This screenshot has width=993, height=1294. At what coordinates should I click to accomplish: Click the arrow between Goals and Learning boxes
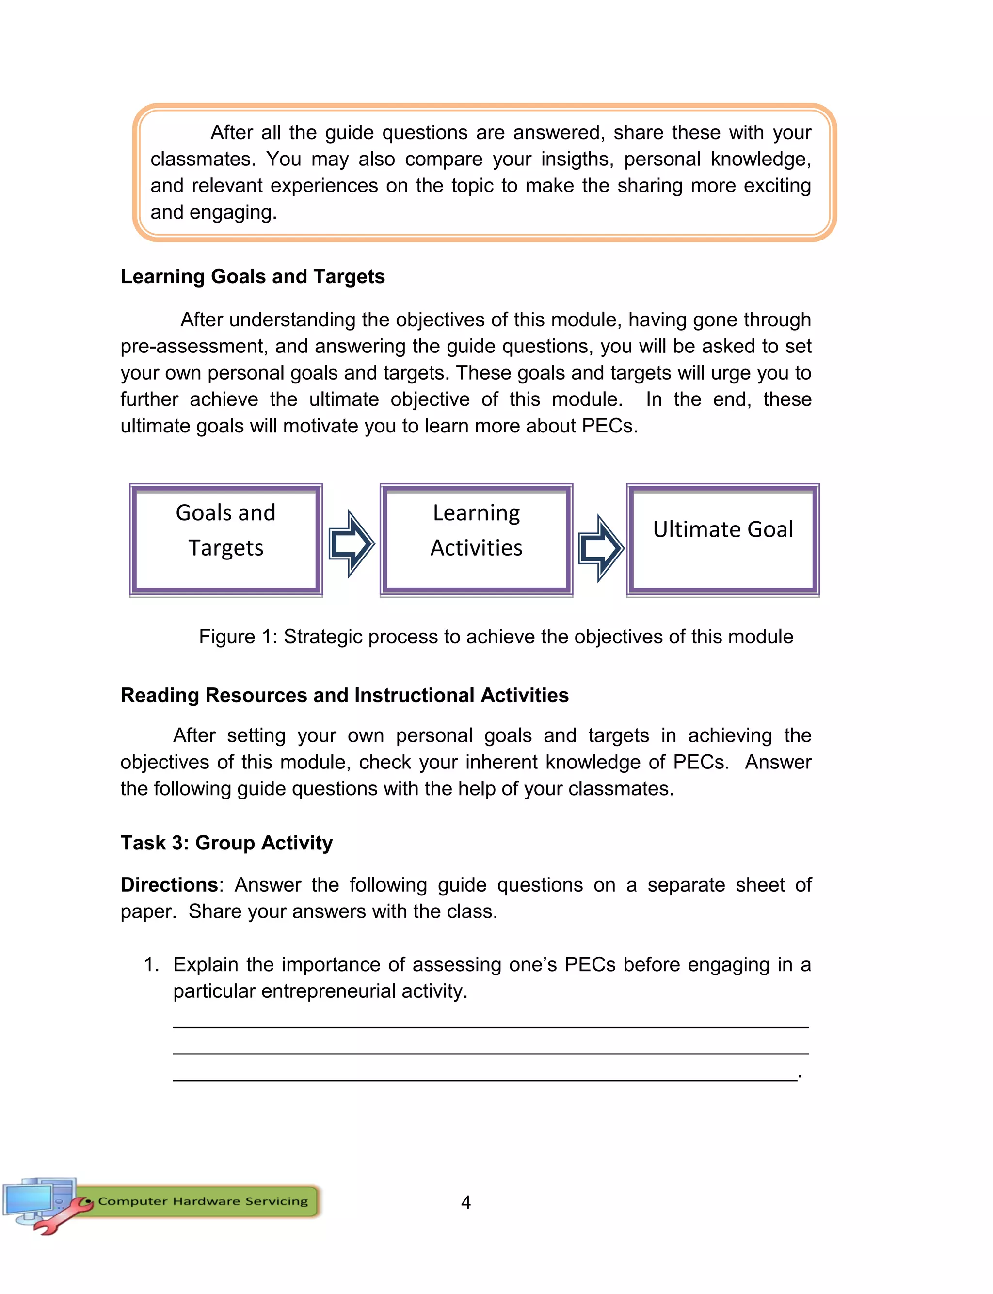352,543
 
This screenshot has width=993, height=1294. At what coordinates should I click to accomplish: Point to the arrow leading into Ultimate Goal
601,548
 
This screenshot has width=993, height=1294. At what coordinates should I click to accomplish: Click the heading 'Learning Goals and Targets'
253,276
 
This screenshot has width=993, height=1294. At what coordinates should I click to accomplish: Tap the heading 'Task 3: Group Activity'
226,843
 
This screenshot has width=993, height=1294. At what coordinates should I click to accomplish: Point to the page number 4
466,1202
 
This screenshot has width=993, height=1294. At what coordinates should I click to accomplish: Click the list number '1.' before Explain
151,964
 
